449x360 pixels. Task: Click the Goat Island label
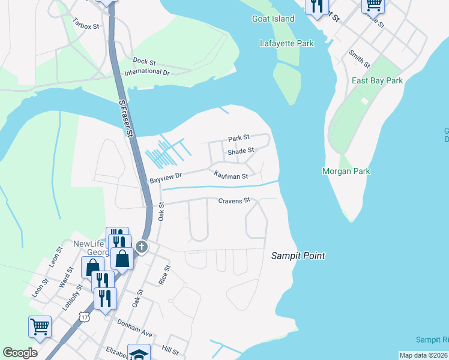click(273, 19)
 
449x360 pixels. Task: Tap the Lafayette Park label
click(279, 43)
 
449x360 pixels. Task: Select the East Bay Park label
click(377, 80)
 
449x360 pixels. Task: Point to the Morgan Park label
click(363, 171)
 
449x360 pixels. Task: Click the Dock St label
click(144, 61)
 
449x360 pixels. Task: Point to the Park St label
click(238, 138)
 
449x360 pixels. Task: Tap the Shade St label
click(241, 151)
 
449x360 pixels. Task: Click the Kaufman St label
click(231, 176)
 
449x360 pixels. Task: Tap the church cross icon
click(141, 247)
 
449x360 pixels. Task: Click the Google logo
click(20, 352)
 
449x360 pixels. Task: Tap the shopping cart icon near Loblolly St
click(40, 326)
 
